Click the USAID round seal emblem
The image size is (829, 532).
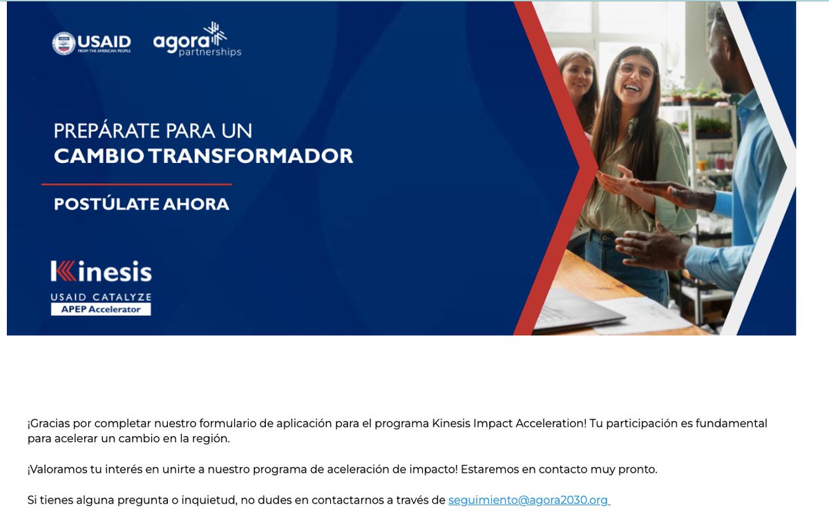(x=64, y=43)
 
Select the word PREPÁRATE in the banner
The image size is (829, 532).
(x=102, y=131)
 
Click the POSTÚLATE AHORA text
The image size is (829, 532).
(x=141, y=204)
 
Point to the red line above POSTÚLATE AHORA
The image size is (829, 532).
(x=136, y=184)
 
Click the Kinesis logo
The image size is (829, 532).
(x=101, y=272)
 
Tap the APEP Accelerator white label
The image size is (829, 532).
(x=101, y=309)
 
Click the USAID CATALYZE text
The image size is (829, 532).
(x=101, y=297)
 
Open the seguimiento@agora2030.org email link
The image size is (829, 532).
(x=528, y=500)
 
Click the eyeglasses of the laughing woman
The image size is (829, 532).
(x=636, y=70)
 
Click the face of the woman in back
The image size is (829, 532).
(x=578, y=77)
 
